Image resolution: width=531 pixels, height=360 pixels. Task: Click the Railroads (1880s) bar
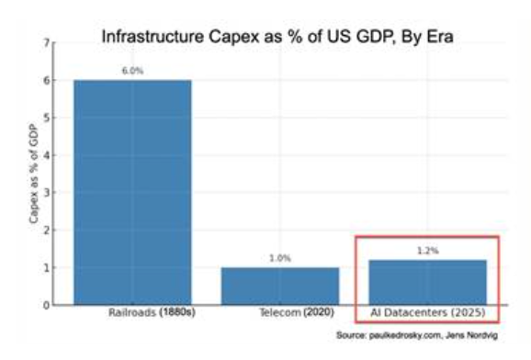click(132, 192)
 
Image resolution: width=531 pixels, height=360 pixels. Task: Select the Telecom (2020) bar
click(280, 287)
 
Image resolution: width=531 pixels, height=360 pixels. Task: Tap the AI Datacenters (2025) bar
click(427, 283)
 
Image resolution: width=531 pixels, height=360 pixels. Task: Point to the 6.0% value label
click(132, 71)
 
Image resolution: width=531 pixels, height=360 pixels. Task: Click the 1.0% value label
click(280, 258)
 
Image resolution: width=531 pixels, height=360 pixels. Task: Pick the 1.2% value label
click(428, 251)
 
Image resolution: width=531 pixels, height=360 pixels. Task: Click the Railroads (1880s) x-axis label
click(152, 312)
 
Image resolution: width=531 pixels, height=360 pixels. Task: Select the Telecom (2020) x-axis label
click(297, 312)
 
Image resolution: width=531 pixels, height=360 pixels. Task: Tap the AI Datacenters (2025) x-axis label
click(428, 312)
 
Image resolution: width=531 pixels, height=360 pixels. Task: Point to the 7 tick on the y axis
click(46, 43)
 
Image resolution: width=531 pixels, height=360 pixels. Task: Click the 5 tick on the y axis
click(46, 118)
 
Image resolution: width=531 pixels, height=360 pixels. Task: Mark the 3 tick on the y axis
click(46, 193)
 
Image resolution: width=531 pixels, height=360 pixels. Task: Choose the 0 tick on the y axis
click(46, 305)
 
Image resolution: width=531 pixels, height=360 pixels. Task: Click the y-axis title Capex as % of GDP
click(34, 174)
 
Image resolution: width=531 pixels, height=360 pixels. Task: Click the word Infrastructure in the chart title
click(153, 37)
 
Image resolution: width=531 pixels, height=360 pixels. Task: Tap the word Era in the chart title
click(440, 37)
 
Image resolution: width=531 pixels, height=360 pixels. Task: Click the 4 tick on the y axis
click(46, 155)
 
